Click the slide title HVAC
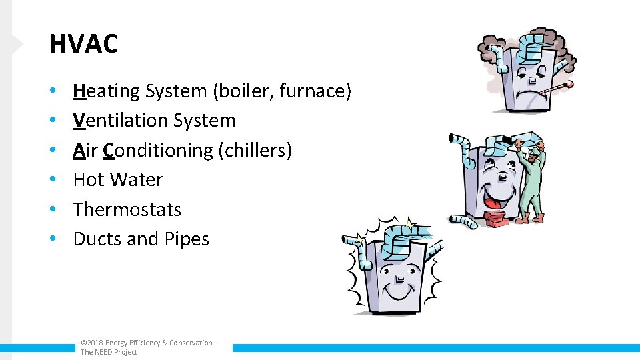83,44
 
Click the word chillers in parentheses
255,151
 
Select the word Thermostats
127,209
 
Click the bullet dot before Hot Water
53,181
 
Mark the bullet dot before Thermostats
53,210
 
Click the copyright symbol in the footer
83,343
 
